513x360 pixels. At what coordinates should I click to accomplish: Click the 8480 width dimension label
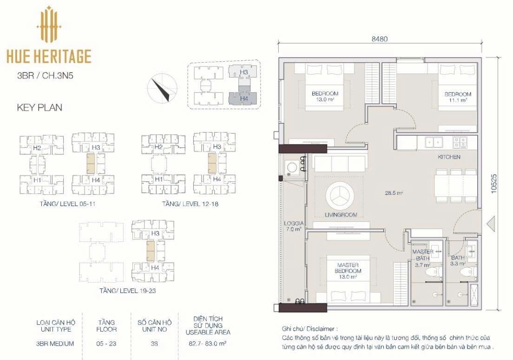pos(380,39)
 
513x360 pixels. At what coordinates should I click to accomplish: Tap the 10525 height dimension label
pos(493,183)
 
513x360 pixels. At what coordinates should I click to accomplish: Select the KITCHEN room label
pos(449,157)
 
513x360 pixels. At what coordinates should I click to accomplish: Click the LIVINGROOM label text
pos(341,215)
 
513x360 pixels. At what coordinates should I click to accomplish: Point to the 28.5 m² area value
pos(394,193)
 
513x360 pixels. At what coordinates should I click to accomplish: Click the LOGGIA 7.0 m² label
pos(294,226)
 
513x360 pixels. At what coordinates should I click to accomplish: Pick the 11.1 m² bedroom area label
pos(458,100)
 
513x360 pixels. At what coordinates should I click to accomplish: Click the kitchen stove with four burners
pos(460,142)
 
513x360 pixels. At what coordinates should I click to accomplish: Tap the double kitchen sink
pos(434,142)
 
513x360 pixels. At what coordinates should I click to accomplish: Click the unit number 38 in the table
pos(154,344)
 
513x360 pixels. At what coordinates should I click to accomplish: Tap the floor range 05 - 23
pos(106,344)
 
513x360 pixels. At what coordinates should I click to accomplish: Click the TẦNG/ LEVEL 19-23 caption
pos(128,291)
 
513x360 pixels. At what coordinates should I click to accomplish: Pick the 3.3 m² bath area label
pos(457,263)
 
